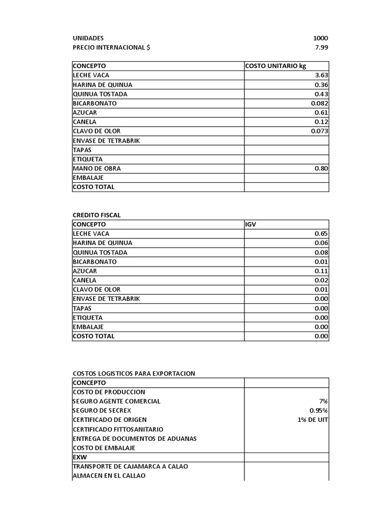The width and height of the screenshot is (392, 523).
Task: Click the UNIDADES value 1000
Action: tap(321, 38)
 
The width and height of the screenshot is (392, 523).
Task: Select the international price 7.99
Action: tap(322, 47)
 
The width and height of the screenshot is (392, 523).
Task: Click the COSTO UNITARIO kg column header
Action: tap(275, 66)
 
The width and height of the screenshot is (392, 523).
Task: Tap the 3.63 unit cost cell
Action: tap(321, 76)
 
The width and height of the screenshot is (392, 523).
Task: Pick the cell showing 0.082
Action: tap(319, 103)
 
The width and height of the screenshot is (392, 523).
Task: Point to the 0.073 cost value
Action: tap(319, 131)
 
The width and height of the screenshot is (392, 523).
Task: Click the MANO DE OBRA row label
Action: tap(97, 169)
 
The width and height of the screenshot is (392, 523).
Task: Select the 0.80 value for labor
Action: tap(321, 169)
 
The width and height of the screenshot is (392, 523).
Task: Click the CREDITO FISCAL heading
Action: tap(96, 215)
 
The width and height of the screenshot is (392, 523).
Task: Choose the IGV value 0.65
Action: tap(321, 234)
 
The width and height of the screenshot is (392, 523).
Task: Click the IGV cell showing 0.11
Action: tap(321, 271)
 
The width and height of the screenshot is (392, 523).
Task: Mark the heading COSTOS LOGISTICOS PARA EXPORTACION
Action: tap(134, 373)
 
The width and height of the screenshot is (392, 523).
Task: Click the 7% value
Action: tap(323, 401)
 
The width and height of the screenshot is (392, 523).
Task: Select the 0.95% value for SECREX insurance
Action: tap(318, 411)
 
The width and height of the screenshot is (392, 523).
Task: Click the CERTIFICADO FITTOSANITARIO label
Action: tap(118, 430)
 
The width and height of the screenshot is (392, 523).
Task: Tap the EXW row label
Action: tap(80, 457)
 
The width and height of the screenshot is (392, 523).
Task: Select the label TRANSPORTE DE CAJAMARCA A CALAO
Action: tap(134, 466)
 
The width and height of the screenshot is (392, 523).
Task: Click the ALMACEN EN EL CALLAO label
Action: tap(109, 476)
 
